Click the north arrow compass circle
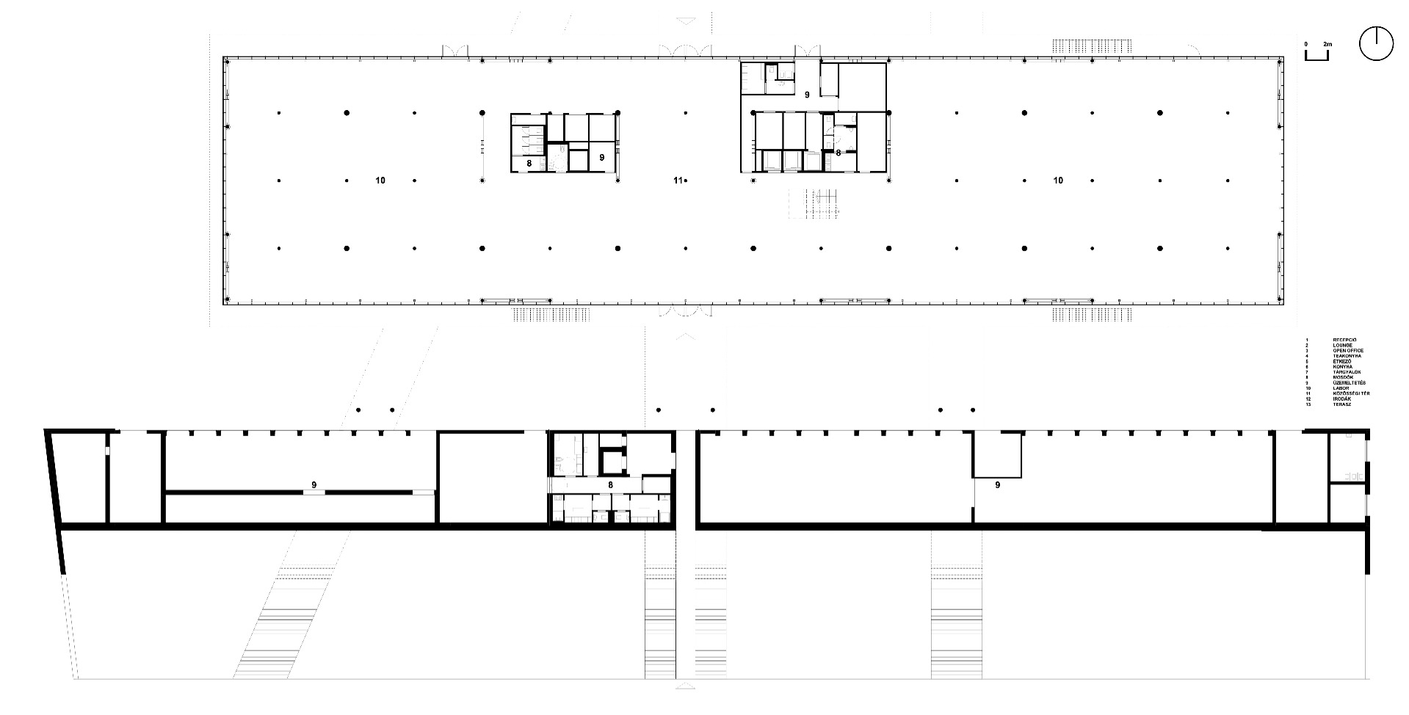[x=1376, y=44]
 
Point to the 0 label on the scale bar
[x=1306, y=45]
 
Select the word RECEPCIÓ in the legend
[x=1345, y=340]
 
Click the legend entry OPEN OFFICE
[x=1348, y=351]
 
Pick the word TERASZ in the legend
[x=1343, y=404]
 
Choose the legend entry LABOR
[x=1341, y=388]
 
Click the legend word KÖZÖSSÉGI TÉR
[x=1351, y=393]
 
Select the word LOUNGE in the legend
[x=1343, y=345]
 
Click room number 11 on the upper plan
[x=679, y=180]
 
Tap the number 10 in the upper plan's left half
[x=380, y=180]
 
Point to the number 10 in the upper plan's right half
[x=1058, y=180]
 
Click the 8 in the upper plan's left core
[x=529, y=162]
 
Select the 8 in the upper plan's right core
[x=838, y=153]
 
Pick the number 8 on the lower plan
[x=610, y=484]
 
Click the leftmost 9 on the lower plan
[x=314, y=484]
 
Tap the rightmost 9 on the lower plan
[x=998, y=484]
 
